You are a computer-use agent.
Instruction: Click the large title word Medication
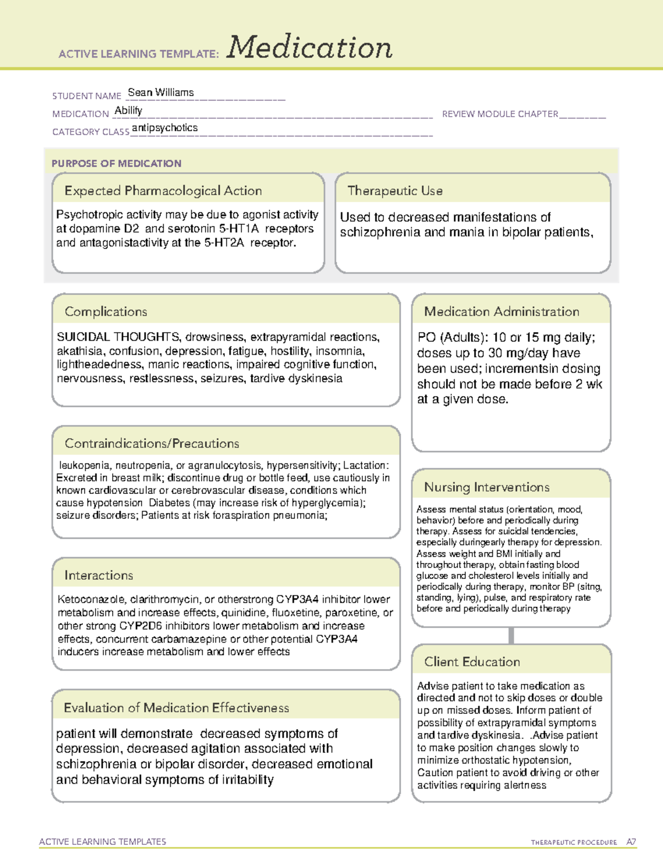point(309,48)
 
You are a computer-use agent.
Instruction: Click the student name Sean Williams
point(161,93)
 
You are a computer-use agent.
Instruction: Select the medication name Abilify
point(128,110)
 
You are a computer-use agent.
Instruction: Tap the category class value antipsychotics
point(165,128)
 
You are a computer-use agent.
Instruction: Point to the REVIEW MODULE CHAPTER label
point(500,114)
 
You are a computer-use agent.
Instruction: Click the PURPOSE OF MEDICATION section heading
point(117,164)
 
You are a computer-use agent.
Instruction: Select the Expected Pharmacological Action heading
point(163,191)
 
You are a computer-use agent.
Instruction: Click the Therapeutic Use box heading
point(394,191)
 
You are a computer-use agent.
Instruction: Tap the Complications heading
point(106,312)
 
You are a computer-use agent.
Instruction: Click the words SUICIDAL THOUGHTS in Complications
point(118,337)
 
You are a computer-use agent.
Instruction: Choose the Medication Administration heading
point(502,312)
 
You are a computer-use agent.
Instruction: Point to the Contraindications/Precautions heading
point(152,444)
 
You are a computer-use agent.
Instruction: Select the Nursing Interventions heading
point(487,487)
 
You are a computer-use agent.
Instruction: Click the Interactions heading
point(99,576)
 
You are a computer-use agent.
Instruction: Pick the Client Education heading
point(472,662)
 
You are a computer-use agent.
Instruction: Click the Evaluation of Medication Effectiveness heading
point(176,708)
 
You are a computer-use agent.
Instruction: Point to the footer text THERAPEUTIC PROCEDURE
point(573,843)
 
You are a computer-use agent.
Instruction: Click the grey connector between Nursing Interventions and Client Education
point(511,635)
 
